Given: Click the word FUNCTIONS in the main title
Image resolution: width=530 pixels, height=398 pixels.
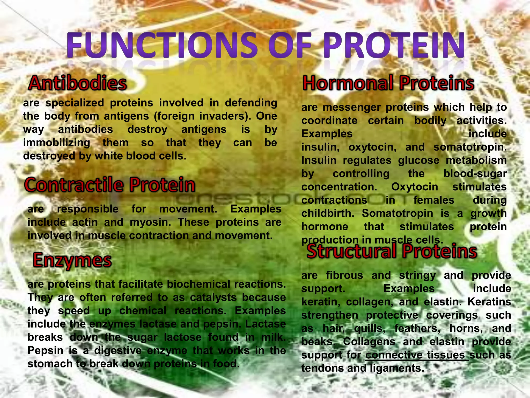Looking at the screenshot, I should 162,45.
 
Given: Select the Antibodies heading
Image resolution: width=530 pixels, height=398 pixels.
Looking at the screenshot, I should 78,83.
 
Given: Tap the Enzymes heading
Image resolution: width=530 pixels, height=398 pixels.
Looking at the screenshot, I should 72,260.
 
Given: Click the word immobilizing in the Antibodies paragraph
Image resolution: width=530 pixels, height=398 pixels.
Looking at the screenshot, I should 56,143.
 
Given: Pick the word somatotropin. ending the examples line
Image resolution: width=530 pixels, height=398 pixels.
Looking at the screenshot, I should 470,147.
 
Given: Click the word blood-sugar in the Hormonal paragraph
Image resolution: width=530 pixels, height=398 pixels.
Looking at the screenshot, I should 475,174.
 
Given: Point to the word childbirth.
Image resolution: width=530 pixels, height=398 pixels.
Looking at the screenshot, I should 328,214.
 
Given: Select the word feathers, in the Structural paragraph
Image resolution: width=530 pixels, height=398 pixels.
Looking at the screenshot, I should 417,329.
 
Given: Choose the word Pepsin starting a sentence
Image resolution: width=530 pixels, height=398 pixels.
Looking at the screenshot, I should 45,351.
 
